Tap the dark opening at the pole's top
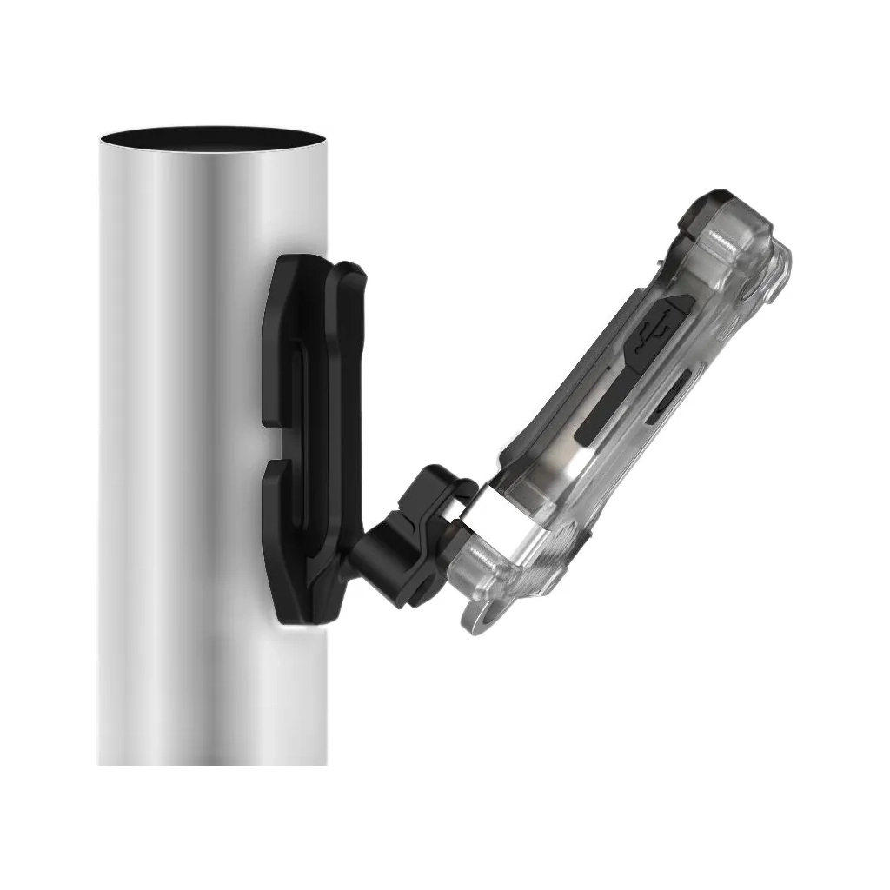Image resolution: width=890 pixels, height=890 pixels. tap(212, 138)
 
